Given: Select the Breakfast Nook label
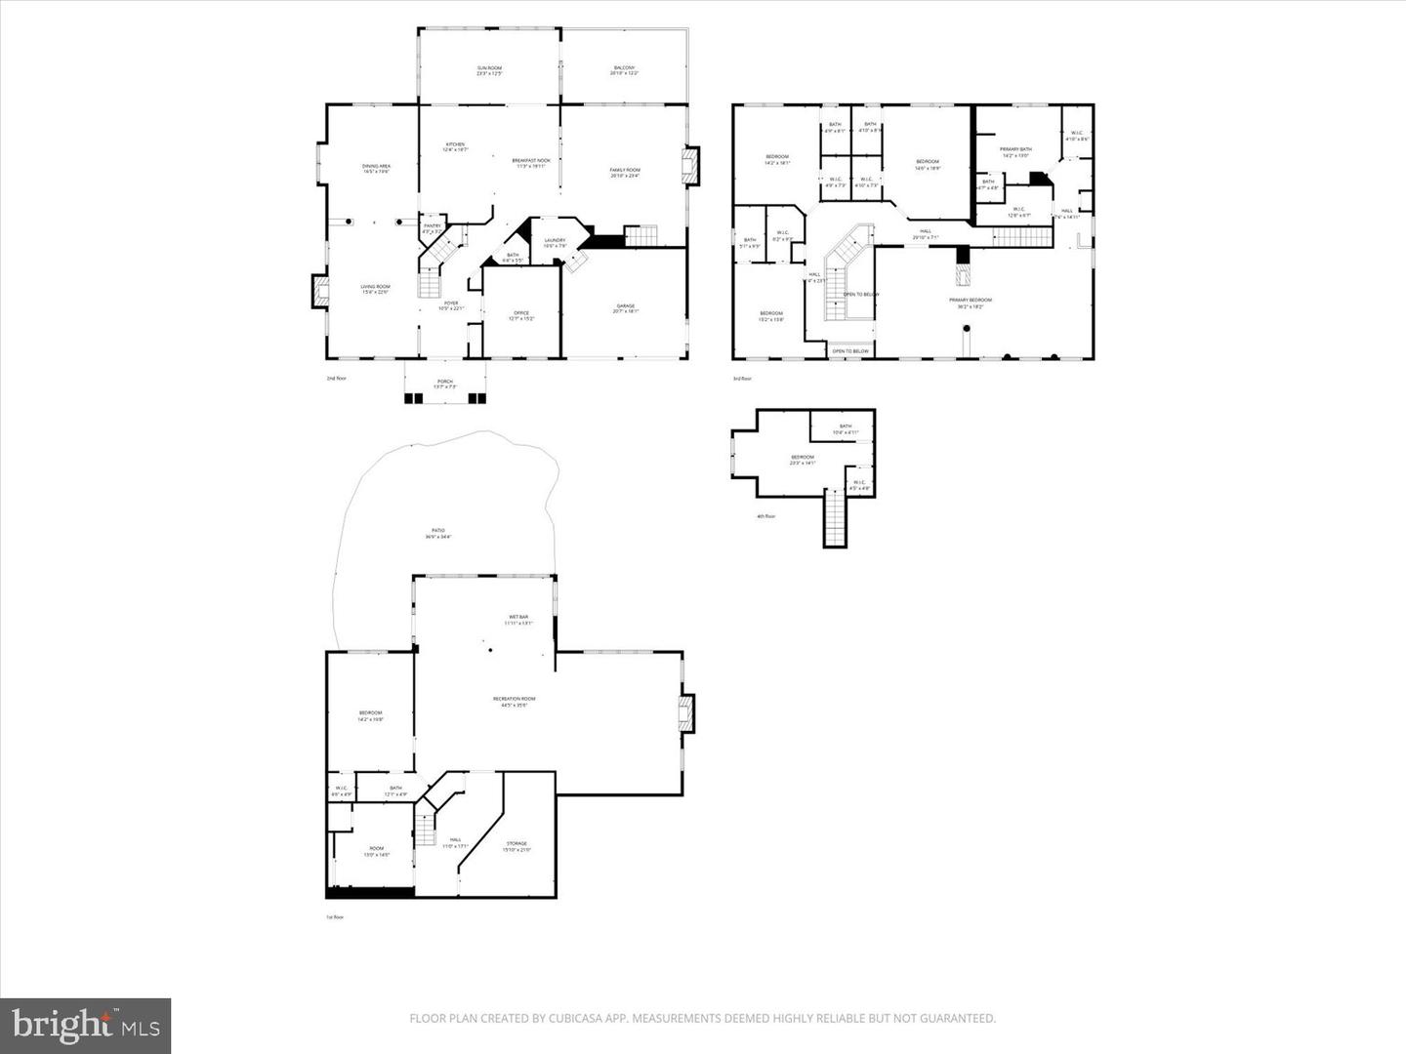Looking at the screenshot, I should click(x=531, y=163).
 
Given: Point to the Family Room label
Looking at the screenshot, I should click(x=625, y=173).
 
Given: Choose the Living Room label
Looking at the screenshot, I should click(x=375, y=289).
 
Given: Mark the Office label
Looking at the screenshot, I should click(x=521, y=315).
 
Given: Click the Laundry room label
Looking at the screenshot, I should click(x=555, y=242).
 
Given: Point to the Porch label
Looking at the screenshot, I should click(x=444, y=384).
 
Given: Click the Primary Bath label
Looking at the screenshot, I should click(x=1015, y=152).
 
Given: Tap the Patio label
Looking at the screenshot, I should click(x=438, y=534).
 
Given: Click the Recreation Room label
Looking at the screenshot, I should click(x=514, y=701).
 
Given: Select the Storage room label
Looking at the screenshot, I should click(x=517, y=846).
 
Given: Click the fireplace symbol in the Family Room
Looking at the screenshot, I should click(x=691, y=165).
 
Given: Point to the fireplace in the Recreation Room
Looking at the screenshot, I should click(x=687, y=712).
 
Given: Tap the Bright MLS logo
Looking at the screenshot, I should click(x=86, y=1025).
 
